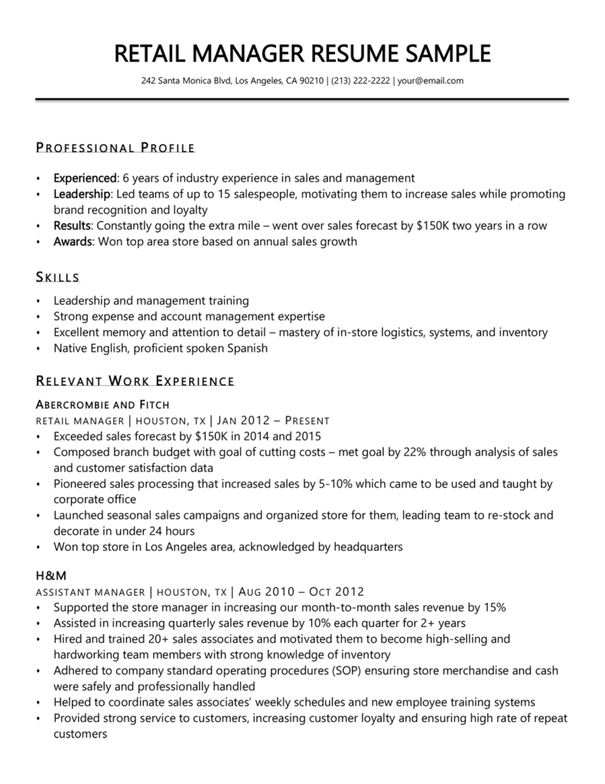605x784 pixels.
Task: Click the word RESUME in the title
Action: tap(360, 54)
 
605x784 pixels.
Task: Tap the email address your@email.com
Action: tap(431, 80)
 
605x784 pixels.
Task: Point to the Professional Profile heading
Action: tap(115, 148)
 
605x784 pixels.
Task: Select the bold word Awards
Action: tap(72, 242)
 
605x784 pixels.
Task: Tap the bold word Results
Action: tap(72, 226)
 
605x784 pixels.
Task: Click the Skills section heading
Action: tap(57, 276)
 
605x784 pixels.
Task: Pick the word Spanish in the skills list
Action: tap(246, 348)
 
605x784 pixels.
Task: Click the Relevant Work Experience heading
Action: tap(135, 381)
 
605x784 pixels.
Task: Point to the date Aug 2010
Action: tap(265, 591)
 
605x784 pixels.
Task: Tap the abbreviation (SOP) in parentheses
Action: tap(330, 671)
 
